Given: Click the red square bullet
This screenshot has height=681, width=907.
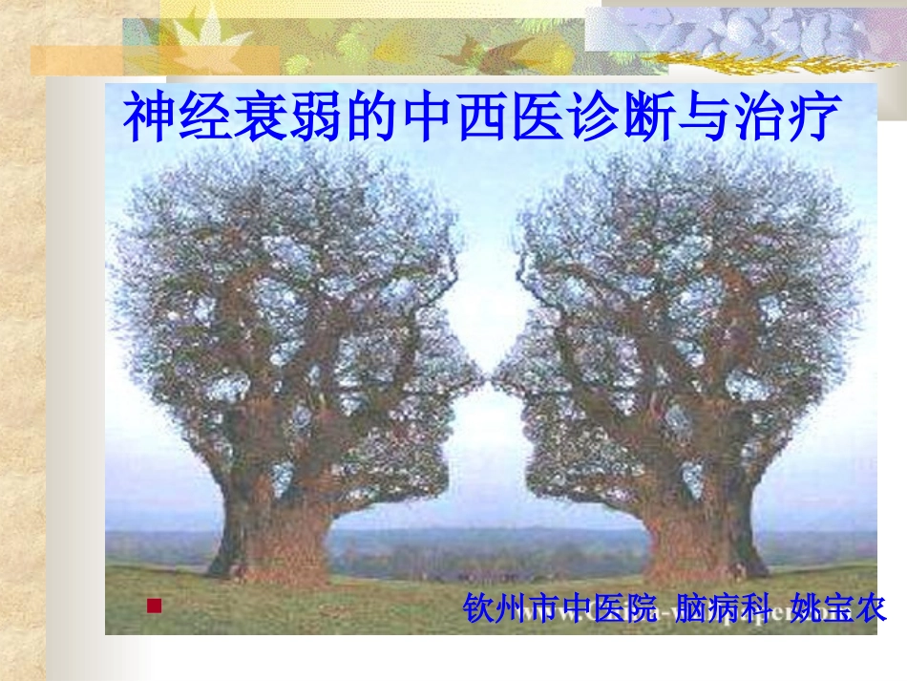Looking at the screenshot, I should (153, 606).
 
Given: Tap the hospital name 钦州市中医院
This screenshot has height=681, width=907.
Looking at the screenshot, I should (560, 608).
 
